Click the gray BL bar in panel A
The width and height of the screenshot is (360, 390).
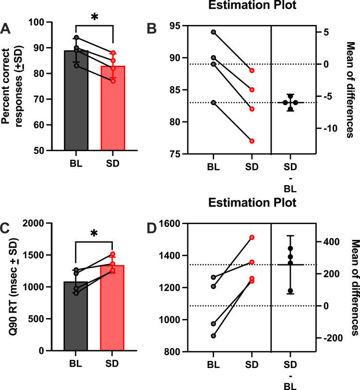[76, 100]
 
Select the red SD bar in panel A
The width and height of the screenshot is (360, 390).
[113, 108]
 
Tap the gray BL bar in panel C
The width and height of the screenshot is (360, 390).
[76, 316]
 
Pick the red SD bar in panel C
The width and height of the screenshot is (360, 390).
[112, 308]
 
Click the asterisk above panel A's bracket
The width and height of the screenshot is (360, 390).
[95, 17]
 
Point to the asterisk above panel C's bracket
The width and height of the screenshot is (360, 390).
[94, 234]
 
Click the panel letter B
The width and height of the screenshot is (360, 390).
[152, 28]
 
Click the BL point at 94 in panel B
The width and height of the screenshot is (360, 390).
[214, 32]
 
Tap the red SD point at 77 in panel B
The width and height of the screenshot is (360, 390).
[252, 141]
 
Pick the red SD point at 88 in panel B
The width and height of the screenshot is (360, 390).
[252, 71]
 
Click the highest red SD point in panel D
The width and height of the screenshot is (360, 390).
[252, 237]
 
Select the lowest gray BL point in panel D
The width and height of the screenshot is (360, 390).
[214, 336]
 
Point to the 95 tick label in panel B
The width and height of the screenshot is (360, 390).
[175, 25]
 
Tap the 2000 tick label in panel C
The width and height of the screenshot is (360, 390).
[36, 223]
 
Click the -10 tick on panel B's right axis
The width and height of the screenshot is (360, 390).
[330, 129]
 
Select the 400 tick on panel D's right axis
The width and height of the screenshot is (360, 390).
[331, 241]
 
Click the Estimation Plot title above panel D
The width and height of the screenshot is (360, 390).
[252, 202]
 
